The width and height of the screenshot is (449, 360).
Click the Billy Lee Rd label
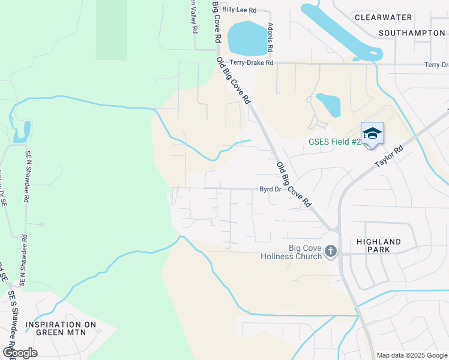(239, 10)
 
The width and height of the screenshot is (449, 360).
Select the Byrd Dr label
(270, 189)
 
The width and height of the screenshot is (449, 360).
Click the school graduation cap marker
(372, 133)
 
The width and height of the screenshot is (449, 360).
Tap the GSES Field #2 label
(334, 142)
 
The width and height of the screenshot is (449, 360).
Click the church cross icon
(330, 251)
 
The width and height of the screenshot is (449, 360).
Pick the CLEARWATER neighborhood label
(383, 17)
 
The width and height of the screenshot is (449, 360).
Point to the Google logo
(20, 352)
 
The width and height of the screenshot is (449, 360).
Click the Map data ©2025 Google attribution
(412, 355)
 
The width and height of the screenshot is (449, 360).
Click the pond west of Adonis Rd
(247, 37)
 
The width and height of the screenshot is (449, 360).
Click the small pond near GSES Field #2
(329, 104)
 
